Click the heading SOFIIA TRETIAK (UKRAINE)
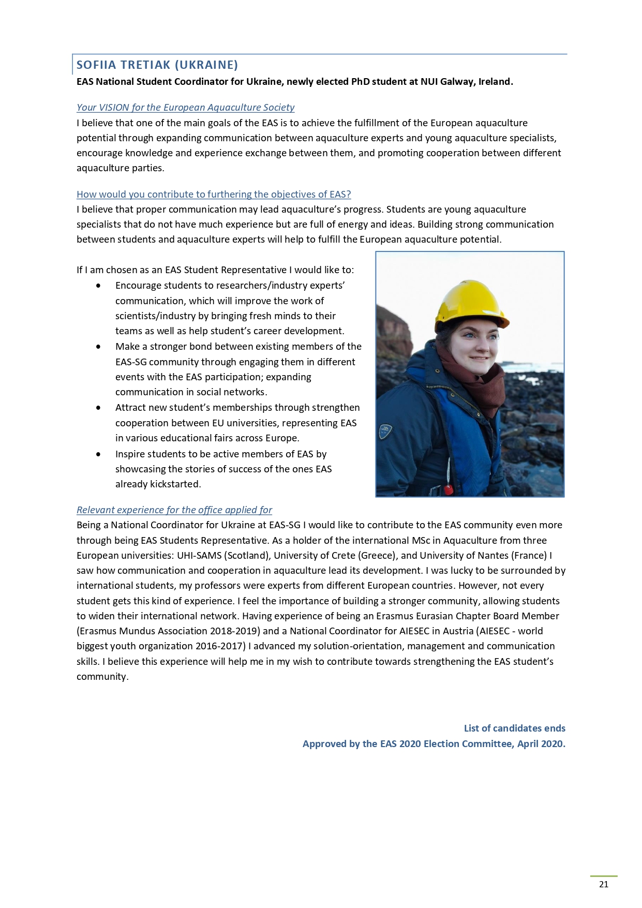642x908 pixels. click(x=157, y=65)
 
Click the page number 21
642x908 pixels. click(x=603, y=884)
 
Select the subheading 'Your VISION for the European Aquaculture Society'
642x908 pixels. click(x=185, y=108)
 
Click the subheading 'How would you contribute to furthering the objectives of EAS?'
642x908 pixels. click(x=214, y=195)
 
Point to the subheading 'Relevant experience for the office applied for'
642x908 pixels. click(x=174, y=510)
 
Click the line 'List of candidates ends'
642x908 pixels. click(x=514, y=728)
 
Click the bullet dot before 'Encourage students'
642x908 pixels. click(x=98, y=286)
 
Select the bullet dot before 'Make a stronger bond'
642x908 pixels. click(x=98, y=347)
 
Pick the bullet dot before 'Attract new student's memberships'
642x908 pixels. click(x=98, y=408)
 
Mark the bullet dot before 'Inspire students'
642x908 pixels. click(x=98, y=454)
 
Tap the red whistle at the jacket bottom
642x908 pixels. click(x=449, y=488)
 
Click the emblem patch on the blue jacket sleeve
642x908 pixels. click(x=385, y=430)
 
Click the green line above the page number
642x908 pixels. click(x=604, y=876)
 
